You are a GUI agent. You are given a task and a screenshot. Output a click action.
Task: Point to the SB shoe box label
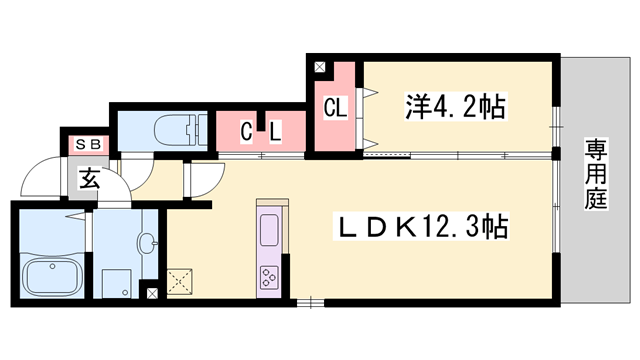pyautogui.click(x=87, y=144)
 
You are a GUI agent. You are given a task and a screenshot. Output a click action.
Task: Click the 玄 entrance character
pyautogui.click(x=89, y=180)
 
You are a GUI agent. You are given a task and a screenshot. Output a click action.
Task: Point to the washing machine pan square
pyautogui.click(x=118, y=282)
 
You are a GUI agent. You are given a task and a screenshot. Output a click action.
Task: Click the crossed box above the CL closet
pyautogui.click(x=319, y=68)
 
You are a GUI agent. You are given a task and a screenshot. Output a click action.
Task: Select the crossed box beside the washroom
pyautogui.click(x=152, y=294)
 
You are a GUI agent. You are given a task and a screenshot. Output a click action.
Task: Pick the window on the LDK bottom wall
pyautogui.click(x=310, y=301)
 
